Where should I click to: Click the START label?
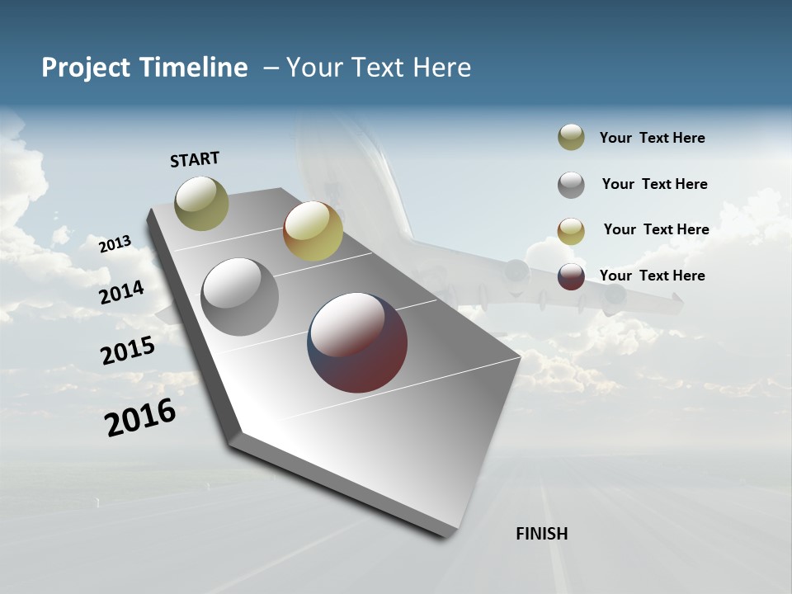pos(195,159)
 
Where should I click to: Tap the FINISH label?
pos(541,534)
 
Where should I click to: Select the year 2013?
pos(115,244)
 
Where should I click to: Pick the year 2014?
pos(121,293)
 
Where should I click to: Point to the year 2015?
pos(128,351)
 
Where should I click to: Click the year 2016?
pos(140,417)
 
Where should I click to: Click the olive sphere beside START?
pos(201,203)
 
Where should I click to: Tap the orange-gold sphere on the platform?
pos(313,231)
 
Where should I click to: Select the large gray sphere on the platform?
pos(239,297)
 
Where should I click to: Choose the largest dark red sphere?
pos(357,342)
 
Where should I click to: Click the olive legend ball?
pos(571,138)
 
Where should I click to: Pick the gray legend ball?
pos(571,185)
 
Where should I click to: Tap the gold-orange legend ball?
pos(571,231)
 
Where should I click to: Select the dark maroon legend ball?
pos(571,276)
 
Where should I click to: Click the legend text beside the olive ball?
pos(652,139)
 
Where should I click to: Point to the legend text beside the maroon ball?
pos(652,276)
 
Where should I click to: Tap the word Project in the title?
pos(85,68)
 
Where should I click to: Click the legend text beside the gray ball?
pos(654,184)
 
